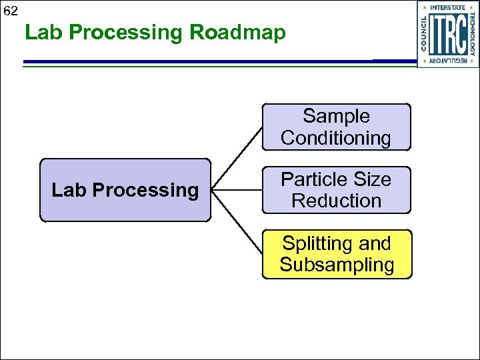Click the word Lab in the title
[43, 32]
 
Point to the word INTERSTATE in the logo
[448, 7]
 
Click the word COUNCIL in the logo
[425, 33]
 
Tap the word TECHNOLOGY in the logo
[472, 33]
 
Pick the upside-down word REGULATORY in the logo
[448, 61]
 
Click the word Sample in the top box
[336, 116]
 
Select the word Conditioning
[336, 138]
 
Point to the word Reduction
[336, 200]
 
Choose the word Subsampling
[337, 265]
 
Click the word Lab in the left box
[69, 191]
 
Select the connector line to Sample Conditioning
[237, 157]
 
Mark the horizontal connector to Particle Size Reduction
[236, 190]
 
